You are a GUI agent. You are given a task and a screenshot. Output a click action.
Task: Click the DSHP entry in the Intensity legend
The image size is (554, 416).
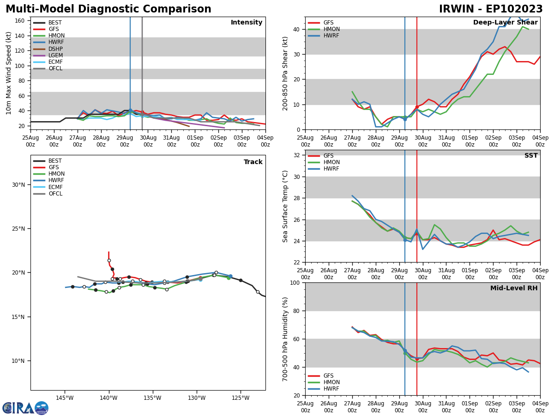click(x=55, y=49)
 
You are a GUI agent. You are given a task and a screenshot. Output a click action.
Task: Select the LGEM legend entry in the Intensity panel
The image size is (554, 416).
click(x=55, y=55)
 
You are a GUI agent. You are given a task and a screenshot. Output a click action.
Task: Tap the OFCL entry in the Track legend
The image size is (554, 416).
click(x=55, y=194)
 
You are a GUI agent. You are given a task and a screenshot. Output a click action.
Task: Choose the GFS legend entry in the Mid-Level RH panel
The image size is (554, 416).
click(x=328, y=376)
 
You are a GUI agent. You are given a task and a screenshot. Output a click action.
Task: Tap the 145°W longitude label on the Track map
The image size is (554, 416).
click(x=65, y=398)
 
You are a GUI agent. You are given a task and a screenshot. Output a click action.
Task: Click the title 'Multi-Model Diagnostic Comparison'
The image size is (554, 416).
click(x=108, y=9)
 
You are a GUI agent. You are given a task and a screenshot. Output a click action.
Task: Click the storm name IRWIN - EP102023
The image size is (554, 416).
click(x=491, y=9)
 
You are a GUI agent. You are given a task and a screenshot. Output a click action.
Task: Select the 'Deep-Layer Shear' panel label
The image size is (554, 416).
click(x=505, y=23)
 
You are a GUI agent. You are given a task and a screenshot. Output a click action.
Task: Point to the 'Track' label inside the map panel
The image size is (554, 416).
click(x=253, y=162)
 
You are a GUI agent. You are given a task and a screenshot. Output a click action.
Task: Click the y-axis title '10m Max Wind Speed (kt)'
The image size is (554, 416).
click(x=9, y=73)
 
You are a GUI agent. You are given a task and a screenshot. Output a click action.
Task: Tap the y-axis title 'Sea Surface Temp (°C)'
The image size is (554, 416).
click(x=285, y=206)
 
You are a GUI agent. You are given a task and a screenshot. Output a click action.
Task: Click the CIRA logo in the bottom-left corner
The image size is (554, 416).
click(x=25, y=408)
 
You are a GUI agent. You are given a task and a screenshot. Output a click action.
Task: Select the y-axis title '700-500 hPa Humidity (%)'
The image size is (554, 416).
click(x=285, y=339)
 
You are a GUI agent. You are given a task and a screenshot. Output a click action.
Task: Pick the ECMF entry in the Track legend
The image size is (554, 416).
click(x=55, y=187)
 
